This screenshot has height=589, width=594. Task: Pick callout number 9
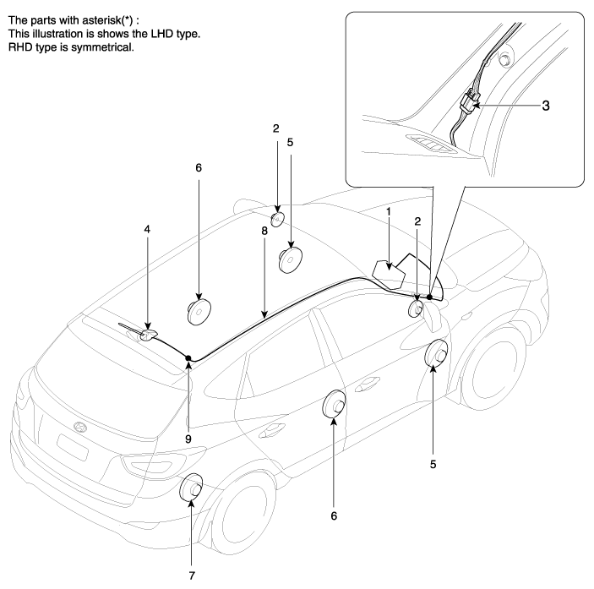coord(188,415)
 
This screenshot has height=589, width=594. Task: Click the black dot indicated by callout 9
coord(188,358)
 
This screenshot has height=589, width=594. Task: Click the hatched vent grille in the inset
coord(430,145)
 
